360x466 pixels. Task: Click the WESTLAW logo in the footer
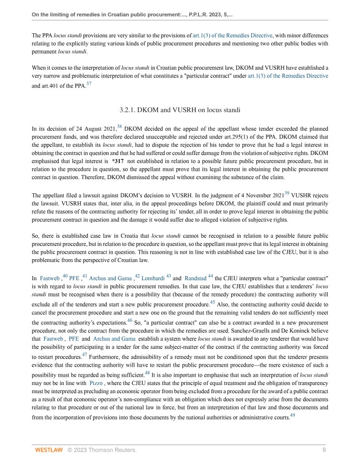(x=49, y=450)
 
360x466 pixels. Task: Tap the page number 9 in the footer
(x=324, y=450)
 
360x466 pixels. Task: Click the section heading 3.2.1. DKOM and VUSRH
(x=180, y=109)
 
